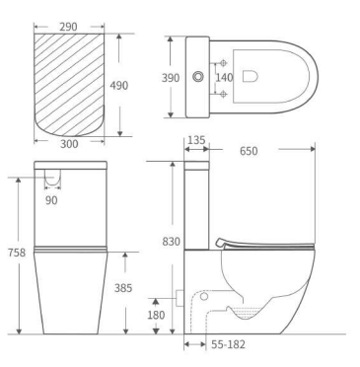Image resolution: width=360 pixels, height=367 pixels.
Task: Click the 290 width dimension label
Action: point(68,27)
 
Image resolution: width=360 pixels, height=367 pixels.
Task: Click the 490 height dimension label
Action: point(119,86)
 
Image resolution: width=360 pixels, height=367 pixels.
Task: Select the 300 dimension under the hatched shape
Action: point(69,144)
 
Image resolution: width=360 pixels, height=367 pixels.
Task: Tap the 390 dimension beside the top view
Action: point(171,78)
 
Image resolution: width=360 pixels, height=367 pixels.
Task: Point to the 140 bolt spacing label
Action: point(224,78)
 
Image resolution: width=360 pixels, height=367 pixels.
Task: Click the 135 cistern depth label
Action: point(196,140)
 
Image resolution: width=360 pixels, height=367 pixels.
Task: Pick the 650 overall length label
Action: point(249,151)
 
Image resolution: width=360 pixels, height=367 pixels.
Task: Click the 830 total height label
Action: point(172,242)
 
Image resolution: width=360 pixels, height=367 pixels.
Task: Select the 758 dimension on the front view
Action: point(17,253)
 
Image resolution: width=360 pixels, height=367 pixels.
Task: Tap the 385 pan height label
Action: point(123,288)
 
